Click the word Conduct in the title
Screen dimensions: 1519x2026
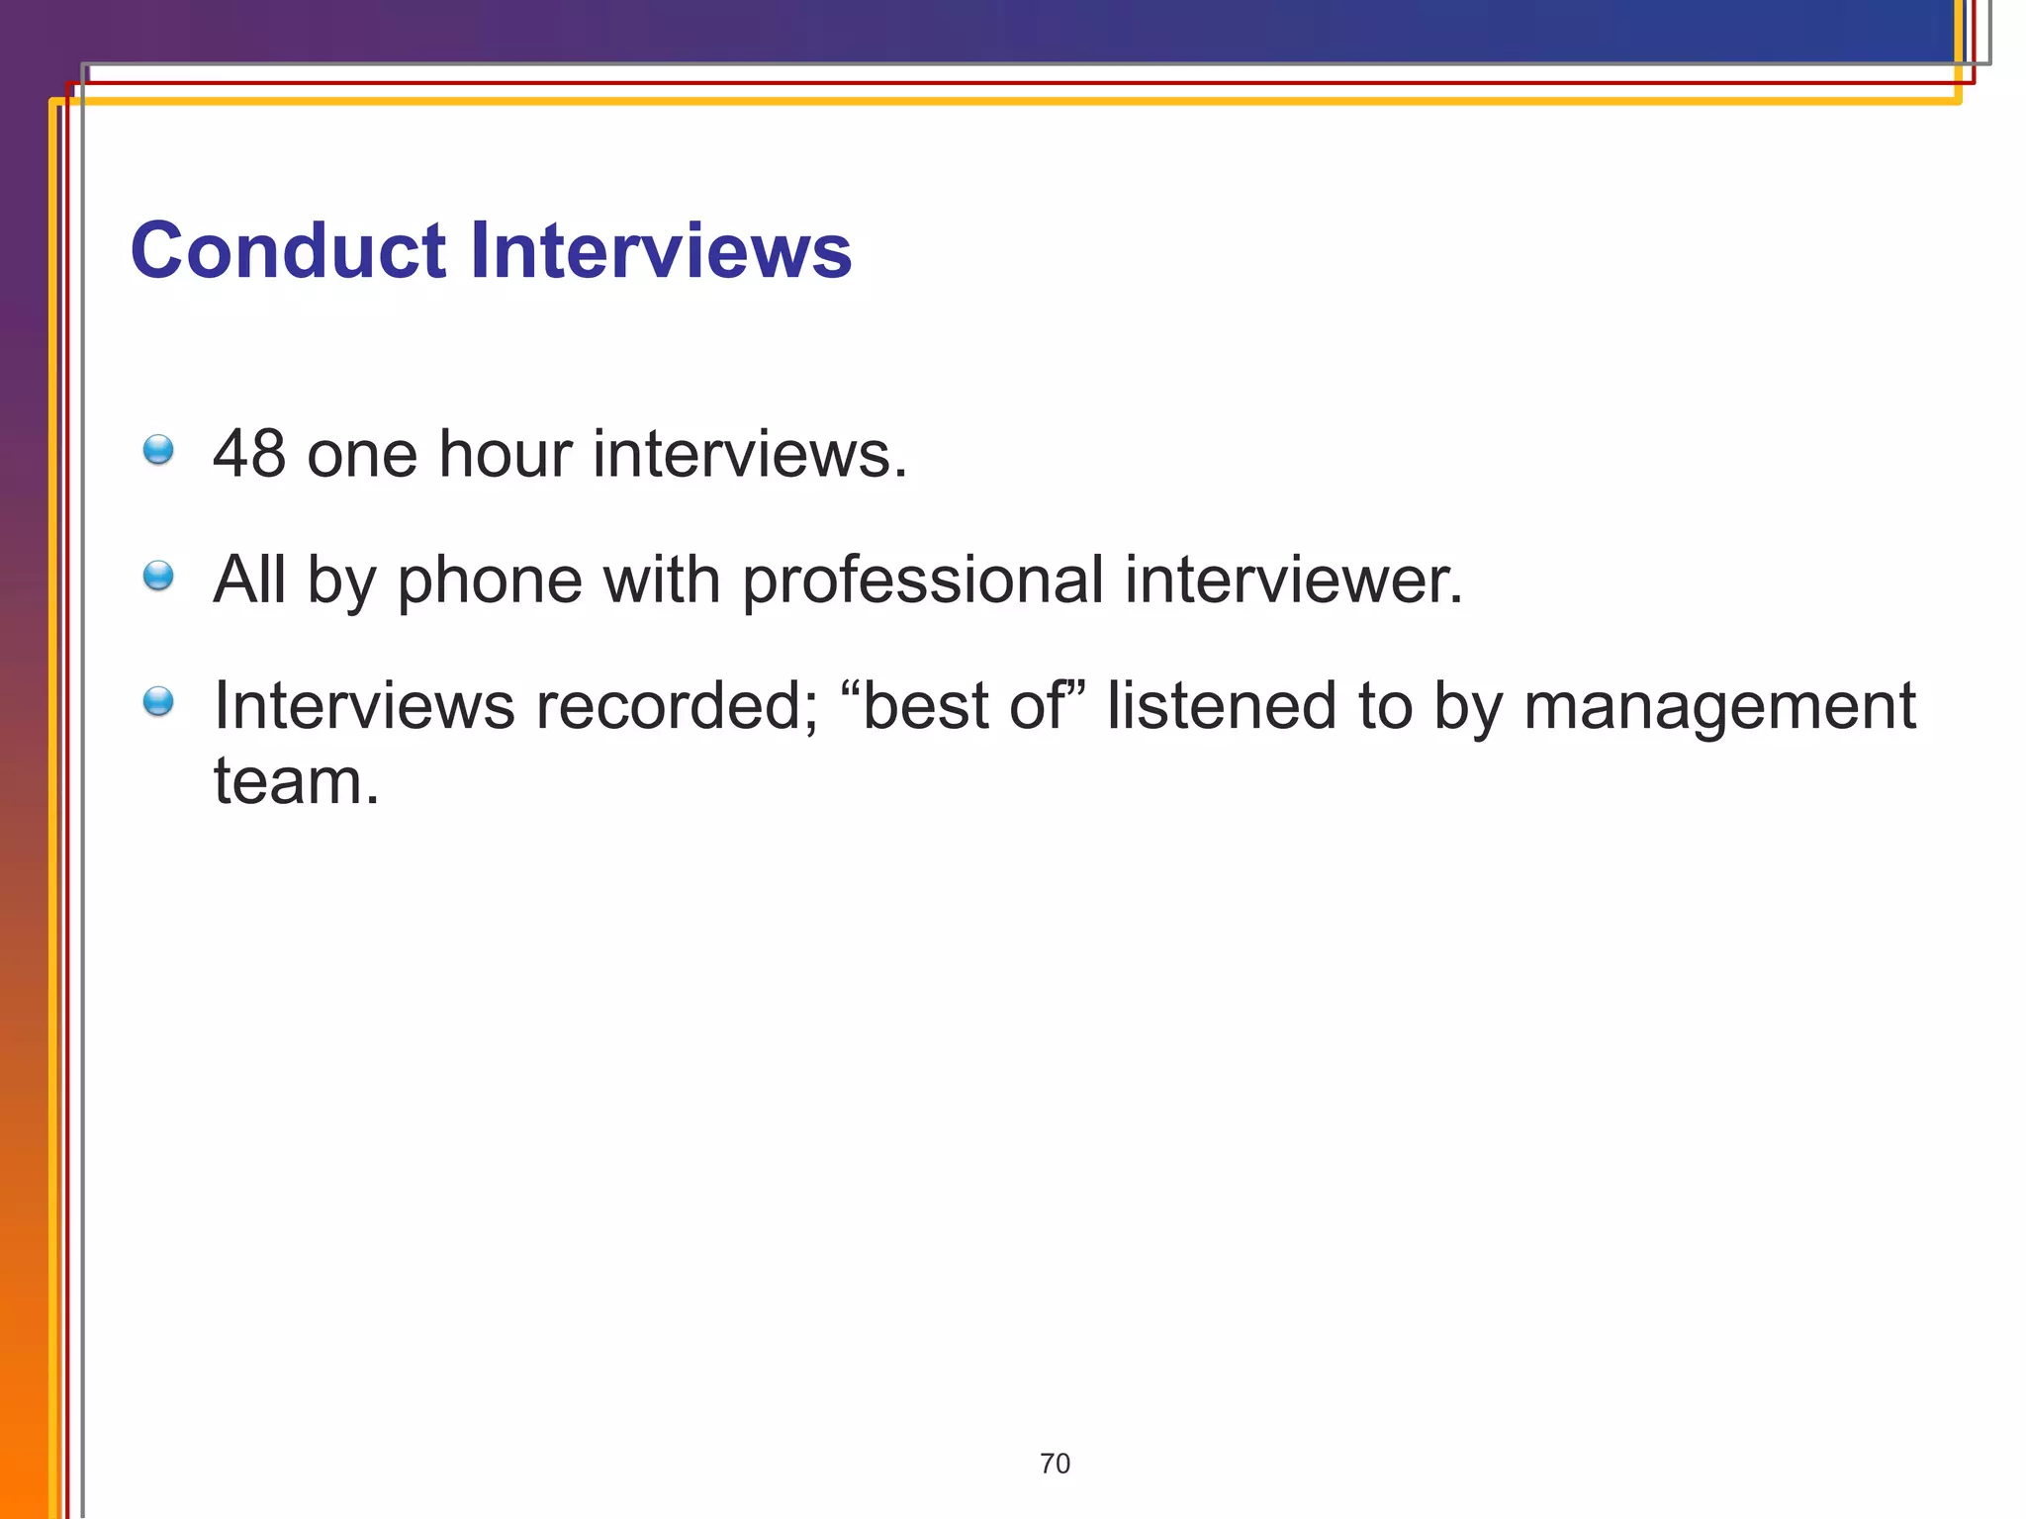tap(288, 251)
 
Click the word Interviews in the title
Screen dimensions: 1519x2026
tap(660, 251)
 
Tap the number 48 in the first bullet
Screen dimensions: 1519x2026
tap(249, 454)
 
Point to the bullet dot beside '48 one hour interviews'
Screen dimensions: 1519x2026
tap(158, 450)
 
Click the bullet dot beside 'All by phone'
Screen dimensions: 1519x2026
tap(158, 576)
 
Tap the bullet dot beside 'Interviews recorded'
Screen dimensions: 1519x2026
tap(158, 702)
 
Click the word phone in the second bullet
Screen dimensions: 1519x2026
tap(490, 581)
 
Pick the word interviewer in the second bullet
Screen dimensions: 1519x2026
tap(1293, 581)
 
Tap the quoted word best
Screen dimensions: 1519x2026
tap(925, 706)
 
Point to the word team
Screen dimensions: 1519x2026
tap(296, 781)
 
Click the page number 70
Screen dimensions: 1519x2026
tap(1055, 1464)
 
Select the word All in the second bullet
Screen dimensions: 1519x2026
tap(249, 581)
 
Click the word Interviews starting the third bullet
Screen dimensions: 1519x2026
tap(364, 706)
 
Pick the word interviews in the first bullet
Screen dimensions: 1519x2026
tap(749, 454)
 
